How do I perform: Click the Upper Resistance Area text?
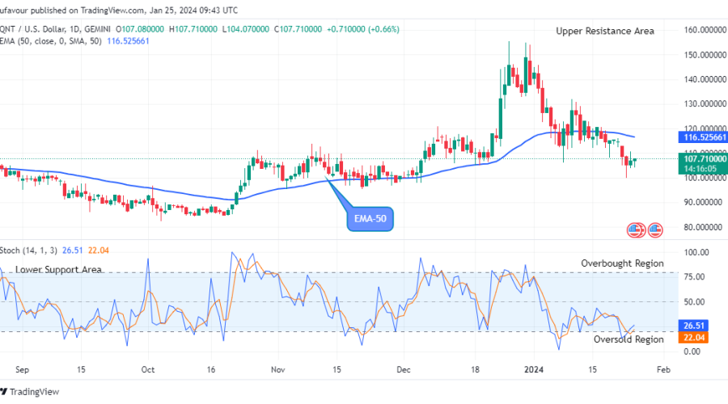[x=605, y=31]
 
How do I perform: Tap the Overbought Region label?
[x=622, y=263]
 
